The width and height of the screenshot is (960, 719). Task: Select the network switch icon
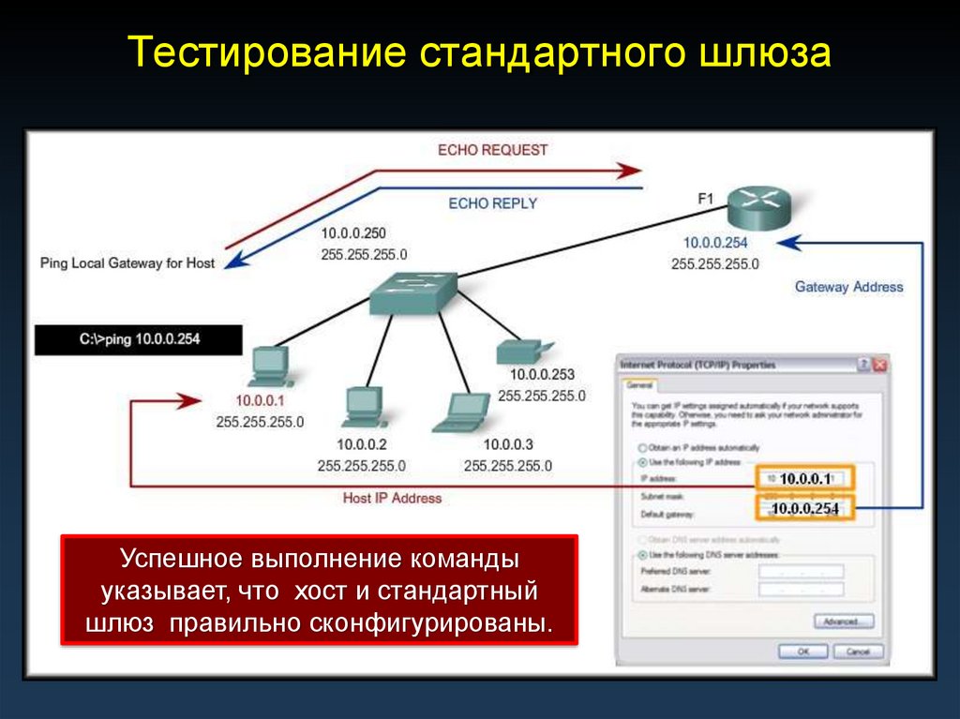pos(412,293)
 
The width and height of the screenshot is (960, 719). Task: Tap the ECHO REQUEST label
pos(492,150)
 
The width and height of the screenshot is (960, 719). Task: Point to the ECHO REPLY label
pos(492,202)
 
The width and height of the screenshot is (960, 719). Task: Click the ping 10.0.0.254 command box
pos(139,339)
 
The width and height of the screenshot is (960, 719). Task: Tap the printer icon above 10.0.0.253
pos(519,351)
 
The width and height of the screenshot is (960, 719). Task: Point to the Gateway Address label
pos(848,287)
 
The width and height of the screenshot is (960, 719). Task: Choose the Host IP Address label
pos(392,499)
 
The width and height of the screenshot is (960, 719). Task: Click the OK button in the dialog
pos(802,651)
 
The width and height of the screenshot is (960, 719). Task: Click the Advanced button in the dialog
pos(841,622)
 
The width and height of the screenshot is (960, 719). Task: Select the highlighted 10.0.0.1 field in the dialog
pos(804,479)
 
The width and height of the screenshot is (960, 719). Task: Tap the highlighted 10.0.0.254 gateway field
pos(804,509)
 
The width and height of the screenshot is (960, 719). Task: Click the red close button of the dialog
pos(879,365)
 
